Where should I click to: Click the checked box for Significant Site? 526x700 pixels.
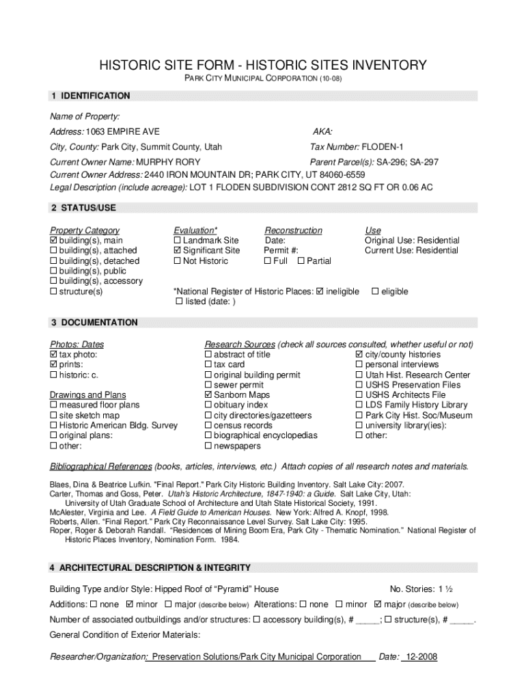pos(178,251)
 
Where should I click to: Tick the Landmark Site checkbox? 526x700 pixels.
pos(178,241)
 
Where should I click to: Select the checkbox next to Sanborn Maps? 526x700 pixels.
pos(208,395)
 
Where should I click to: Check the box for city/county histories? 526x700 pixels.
pos(359,355)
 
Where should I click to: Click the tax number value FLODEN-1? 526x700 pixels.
pos(383,147)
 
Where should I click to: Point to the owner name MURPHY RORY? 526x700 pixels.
pos(168,162)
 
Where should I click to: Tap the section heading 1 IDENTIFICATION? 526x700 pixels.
pos(89,96)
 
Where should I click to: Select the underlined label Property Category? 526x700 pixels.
pos(85,230)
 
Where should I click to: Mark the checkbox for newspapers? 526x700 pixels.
pos(208,446)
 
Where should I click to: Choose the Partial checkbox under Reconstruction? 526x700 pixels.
pos(301,261)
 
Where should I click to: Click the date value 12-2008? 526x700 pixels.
pos(419,657)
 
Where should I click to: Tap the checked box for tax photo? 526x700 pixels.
pos(54,355)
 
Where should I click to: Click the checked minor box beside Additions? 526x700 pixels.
pos(130,605)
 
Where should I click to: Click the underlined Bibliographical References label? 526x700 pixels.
pos(101,467)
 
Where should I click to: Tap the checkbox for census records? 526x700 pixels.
pos(208,425)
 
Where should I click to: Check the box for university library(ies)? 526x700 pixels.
pos(359,425)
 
